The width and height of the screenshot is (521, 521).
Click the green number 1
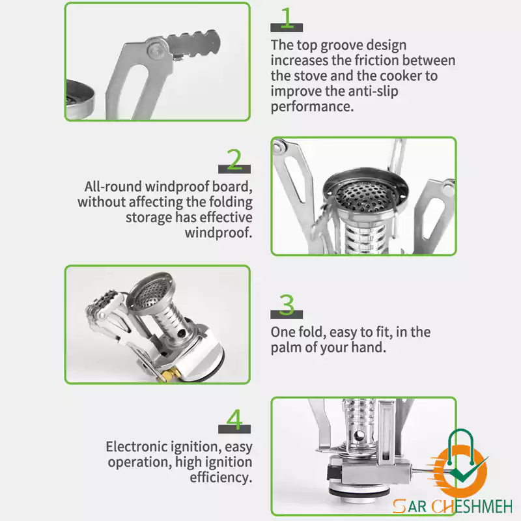(287, 18)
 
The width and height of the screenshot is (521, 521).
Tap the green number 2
(234, 159)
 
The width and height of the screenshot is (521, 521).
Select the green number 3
(287, 305)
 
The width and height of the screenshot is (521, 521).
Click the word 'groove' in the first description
(342, 46)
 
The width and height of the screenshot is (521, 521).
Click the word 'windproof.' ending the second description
(218, 232)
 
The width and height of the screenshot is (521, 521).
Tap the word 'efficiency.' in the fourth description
(221, 477)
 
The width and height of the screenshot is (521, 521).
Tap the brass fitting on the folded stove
(170, 376)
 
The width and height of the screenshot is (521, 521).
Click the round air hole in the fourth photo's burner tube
(359, 436)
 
